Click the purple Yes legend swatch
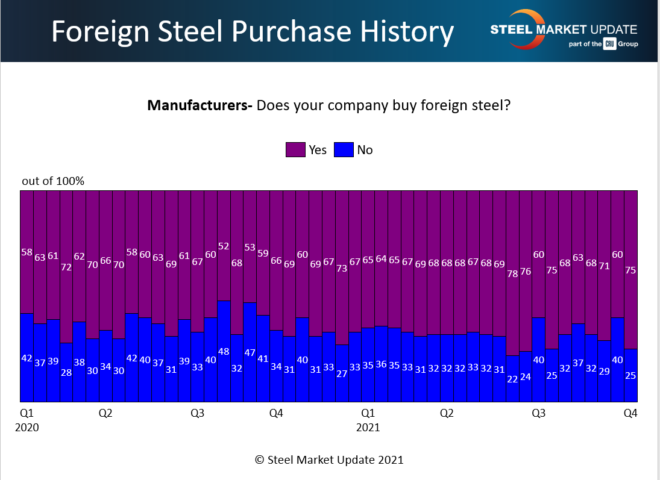click(295, 149)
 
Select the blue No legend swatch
click(344, 149)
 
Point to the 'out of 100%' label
click(53, 181)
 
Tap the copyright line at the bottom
click(329, 460)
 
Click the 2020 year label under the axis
click(27, 428)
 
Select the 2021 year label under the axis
click(368, 428)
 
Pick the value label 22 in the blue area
click(512, 379)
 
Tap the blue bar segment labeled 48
click(224, 351)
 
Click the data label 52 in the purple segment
click(224, 246)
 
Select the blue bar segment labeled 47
click(250, 352)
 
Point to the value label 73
click(342, 269)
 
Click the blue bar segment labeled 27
click(342, 373)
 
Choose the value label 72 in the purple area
click(66, 267)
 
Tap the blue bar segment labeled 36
click(381, 364)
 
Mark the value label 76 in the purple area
click(526, 272)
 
